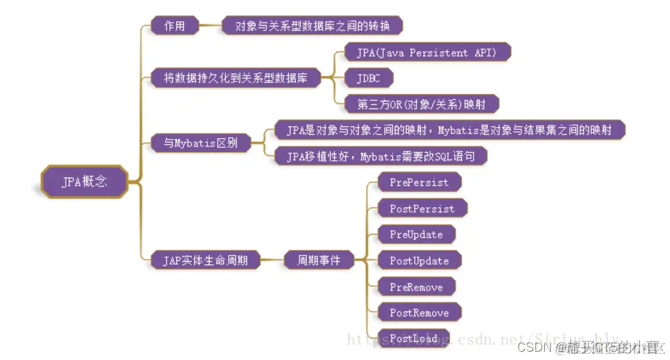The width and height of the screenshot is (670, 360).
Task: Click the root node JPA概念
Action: click(84, 182)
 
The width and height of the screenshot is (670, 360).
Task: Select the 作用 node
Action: click(174, 26)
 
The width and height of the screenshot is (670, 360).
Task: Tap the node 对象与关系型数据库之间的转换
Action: click(313, 26)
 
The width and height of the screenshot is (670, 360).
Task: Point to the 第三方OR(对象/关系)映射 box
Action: click(421, 104)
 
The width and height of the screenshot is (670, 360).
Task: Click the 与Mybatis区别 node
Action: click(201, 143)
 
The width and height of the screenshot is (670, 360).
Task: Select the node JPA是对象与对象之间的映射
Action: click(449, 130)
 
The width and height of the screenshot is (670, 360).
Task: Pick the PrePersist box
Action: click(419, 182)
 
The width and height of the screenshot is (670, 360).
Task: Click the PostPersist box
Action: click(422, 208)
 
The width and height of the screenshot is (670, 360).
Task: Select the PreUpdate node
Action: click(416, 234)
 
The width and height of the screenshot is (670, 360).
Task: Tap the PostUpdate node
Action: click(419, 260)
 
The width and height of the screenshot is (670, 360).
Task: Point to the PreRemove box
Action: click(416, 287)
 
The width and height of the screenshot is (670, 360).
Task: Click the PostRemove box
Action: click(419, 312)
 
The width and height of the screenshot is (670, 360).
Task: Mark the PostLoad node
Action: click(413, 339)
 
